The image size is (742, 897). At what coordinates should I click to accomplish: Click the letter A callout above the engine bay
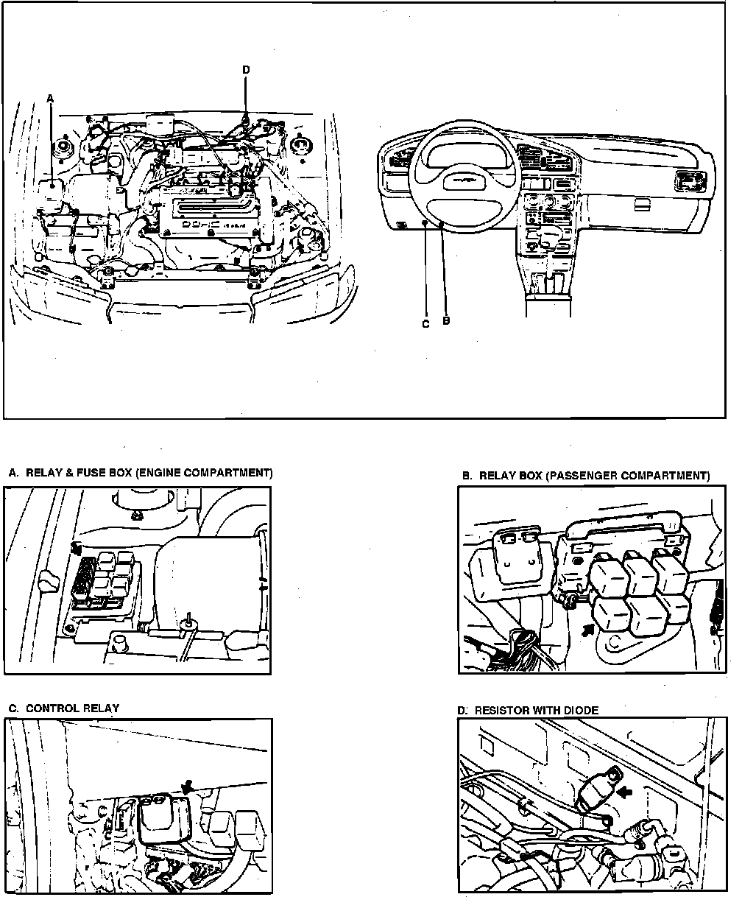pos(51,97)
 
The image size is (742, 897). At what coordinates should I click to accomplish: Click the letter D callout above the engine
pos(246,69)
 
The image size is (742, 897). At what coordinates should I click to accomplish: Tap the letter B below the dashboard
pos(445,321)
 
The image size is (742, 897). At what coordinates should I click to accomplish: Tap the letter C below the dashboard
pos(425,324)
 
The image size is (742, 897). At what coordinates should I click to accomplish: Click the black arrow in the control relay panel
pos(187,787)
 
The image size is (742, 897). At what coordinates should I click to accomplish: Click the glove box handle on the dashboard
pos(642,203)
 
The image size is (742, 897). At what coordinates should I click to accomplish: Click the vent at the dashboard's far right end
pos(690,180)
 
